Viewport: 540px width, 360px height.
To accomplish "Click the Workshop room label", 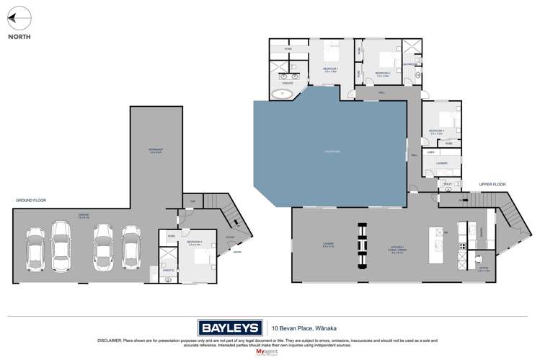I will (x=155, y=150).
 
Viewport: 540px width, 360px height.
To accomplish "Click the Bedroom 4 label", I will (x=195, y=242).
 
